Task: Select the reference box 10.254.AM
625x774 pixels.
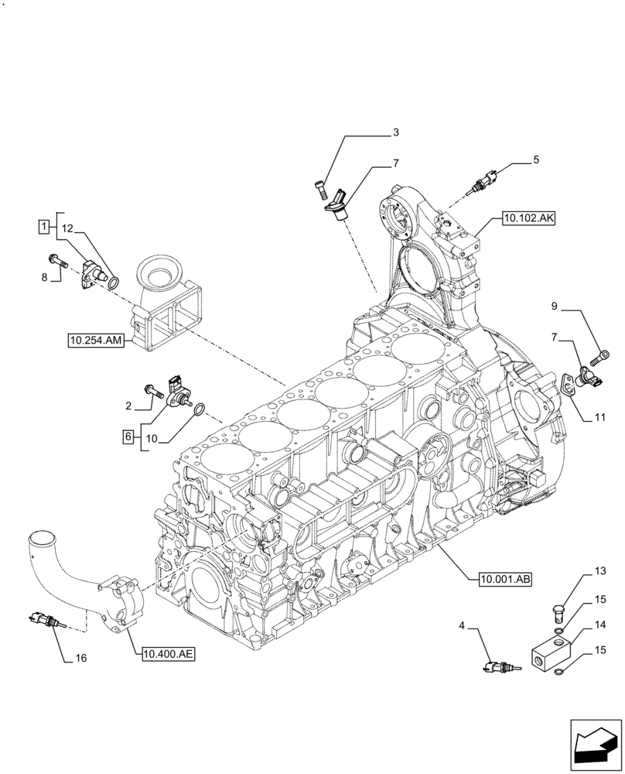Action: [95, 339]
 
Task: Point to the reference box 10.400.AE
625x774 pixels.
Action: [168, 654]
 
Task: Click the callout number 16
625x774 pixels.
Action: [80, 659]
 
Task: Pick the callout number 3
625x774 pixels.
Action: [395, 132]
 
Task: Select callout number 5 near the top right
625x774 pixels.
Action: [535, 160]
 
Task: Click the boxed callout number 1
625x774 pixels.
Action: [44, 226]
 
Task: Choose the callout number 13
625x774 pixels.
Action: [599, 571]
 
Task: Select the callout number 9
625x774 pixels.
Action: [554, 307]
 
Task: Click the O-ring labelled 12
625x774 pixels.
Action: [114, 283]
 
